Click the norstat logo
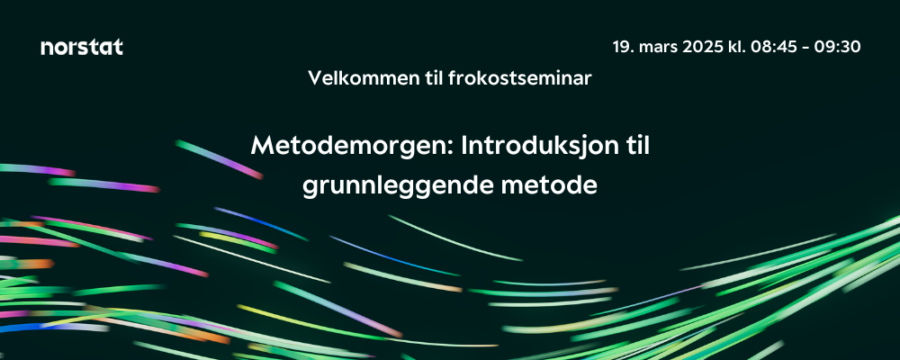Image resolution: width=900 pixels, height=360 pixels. pyautogui.click(x=82, y=47)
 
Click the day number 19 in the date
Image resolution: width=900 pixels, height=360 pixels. pyautogui.click(x=622, y=47)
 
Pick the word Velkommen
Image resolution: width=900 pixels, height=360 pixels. pyautogui.click(x=352, y=78)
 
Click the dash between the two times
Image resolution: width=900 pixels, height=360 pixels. pyautogui.click(x=804, y=49)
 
